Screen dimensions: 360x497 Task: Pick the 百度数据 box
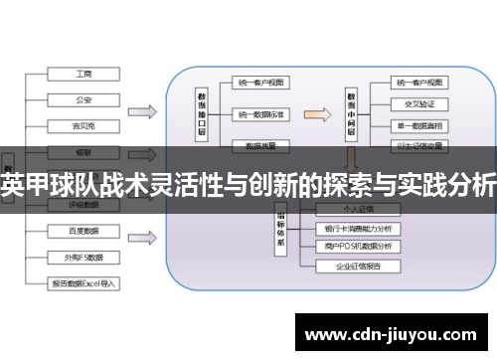coord(83,232)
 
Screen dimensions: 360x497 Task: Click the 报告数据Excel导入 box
coord(83,283)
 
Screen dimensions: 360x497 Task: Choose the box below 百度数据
coord(83,258)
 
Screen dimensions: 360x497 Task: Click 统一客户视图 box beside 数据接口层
coord(260,84)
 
